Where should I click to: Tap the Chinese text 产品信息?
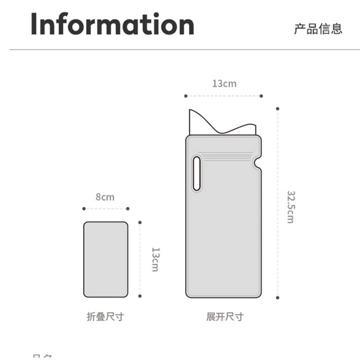point(318,29)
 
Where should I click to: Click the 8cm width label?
point(105,197)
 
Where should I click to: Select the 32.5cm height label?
point(290,207)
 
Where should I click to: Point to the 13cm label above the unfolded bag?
point(224,84)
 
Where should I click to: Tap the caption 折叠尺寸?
point(105,317)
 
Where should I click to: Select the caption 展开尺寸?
point(225,317)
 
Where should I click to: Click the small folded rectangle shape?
point(105,259)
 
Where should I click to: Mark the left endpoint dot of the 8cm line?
point(84,209)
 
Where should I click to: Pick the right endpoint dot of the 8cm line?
point(128,209)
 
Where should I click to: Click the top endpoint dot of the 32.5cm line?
point(277,109)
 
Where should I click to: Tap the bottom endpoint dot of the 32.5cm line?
point(277,298)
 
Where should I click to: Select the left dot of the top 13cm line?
point(186,96)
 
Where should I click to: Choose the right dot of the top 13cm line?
point(261,96)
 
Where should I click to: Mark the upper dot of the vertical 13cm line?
point(140,223)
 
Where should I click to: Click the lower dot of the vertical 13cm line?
point(140,296)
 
